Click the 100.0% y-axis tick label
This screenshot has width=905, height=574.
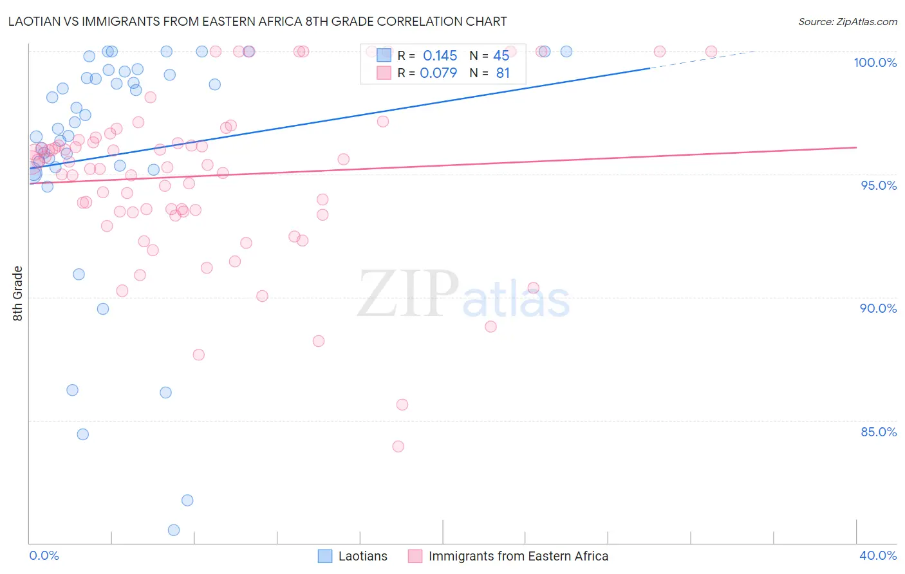pos(875,62)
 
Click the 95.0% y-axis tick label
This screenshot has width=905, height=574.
pos(879,185)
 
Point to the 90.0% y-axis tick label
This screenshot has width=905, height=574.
pos(878,308)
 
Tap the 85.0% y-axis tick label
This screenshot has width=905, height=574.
pos(879,432)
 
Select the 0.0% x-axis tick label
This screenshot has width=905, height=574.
pos(44,555)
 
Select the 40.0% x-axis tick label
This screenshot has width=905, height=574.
pos(878,555)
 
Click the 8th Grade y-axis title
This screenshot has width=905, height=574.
pos(17,293)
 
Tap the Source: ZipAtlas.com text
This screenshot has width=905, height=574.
pos(847,21)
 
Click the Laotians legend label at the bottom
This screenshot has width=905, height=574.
pos(363,556)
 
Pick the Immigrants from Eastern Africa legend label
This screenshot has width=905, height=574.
pos(518,556)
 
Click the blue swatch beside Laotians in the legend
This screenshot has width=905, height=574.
pos(325,556)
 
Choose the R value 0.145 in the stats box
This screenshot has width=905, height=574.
pos(440,56)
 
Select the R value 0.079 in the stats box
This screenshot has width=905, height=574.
pos(438,73)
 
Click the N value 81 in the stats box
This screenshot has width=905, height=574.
pos(503,73)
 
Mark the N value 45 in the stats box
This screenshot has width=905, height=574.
pos(501,56)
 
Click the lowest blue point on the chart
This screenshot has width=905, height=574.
pos(174,530)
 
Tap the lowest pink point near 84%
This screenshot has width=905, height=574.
pos(398,447)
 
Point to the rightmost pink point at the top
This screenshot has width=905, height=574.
pos(711,51)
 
